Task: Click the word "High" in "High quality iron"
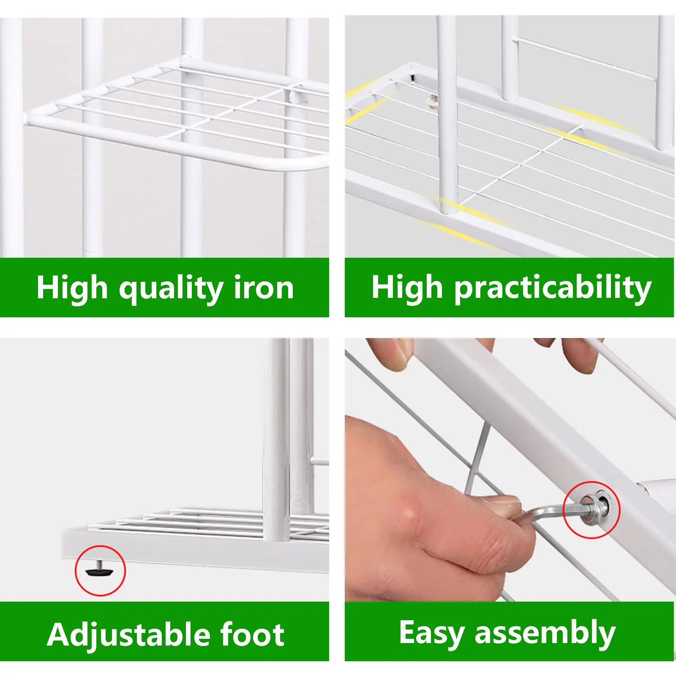tap(72, 288)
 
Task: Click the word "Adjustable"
tap(125, 635)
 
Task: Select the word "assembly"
tap(545, 634)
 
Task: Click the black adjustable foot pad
tap(100, 571)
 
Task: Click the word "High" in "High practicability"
tap(407, 287)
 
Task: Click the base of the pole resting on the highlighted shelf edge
tap(449, 207)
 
